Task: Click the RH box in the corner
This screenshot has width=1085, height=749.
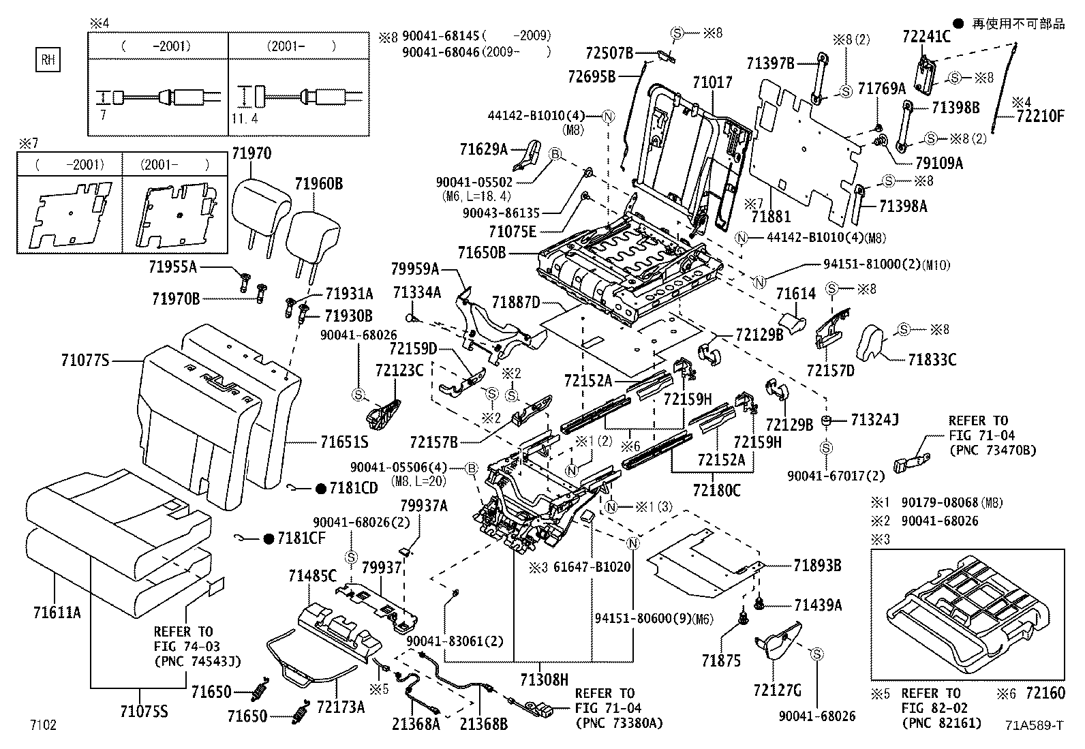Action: click(47, 60)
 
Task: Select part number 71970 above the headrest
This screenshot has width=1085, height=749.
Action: click(251, 153)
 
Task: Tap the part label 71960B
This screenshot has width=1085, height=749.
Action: click(319, 183)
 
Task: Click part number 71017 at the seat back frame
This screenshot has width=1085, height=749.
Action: click(712, 82)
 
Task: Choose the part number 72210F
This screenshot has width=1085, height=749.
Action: click(1039, 116)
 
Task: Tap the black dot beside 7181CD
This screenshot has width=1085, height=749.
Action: click(320, 488)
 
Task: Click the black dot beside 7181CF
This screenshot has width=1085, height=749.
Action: click(269, 538)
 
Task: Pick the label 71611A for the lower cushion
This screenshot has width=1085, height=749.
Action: click(57, 612)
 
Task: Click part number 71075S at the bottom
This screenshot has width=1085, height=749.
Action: click(144, 712)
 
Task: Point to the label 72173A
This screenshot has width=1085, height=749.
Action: click(341, 707)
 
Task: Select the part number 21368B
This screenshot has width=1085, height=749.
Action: click(483, 724)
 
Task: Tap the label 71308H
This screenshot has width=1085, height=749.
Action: click(544, 679)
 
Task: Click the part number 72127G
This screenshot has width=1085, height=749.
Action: click(777, 690)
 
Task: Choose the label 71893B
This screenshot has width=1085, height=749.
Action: click(816, 565)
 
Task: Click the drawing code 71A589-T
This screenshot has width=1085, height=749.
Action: click(1033, 726)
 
